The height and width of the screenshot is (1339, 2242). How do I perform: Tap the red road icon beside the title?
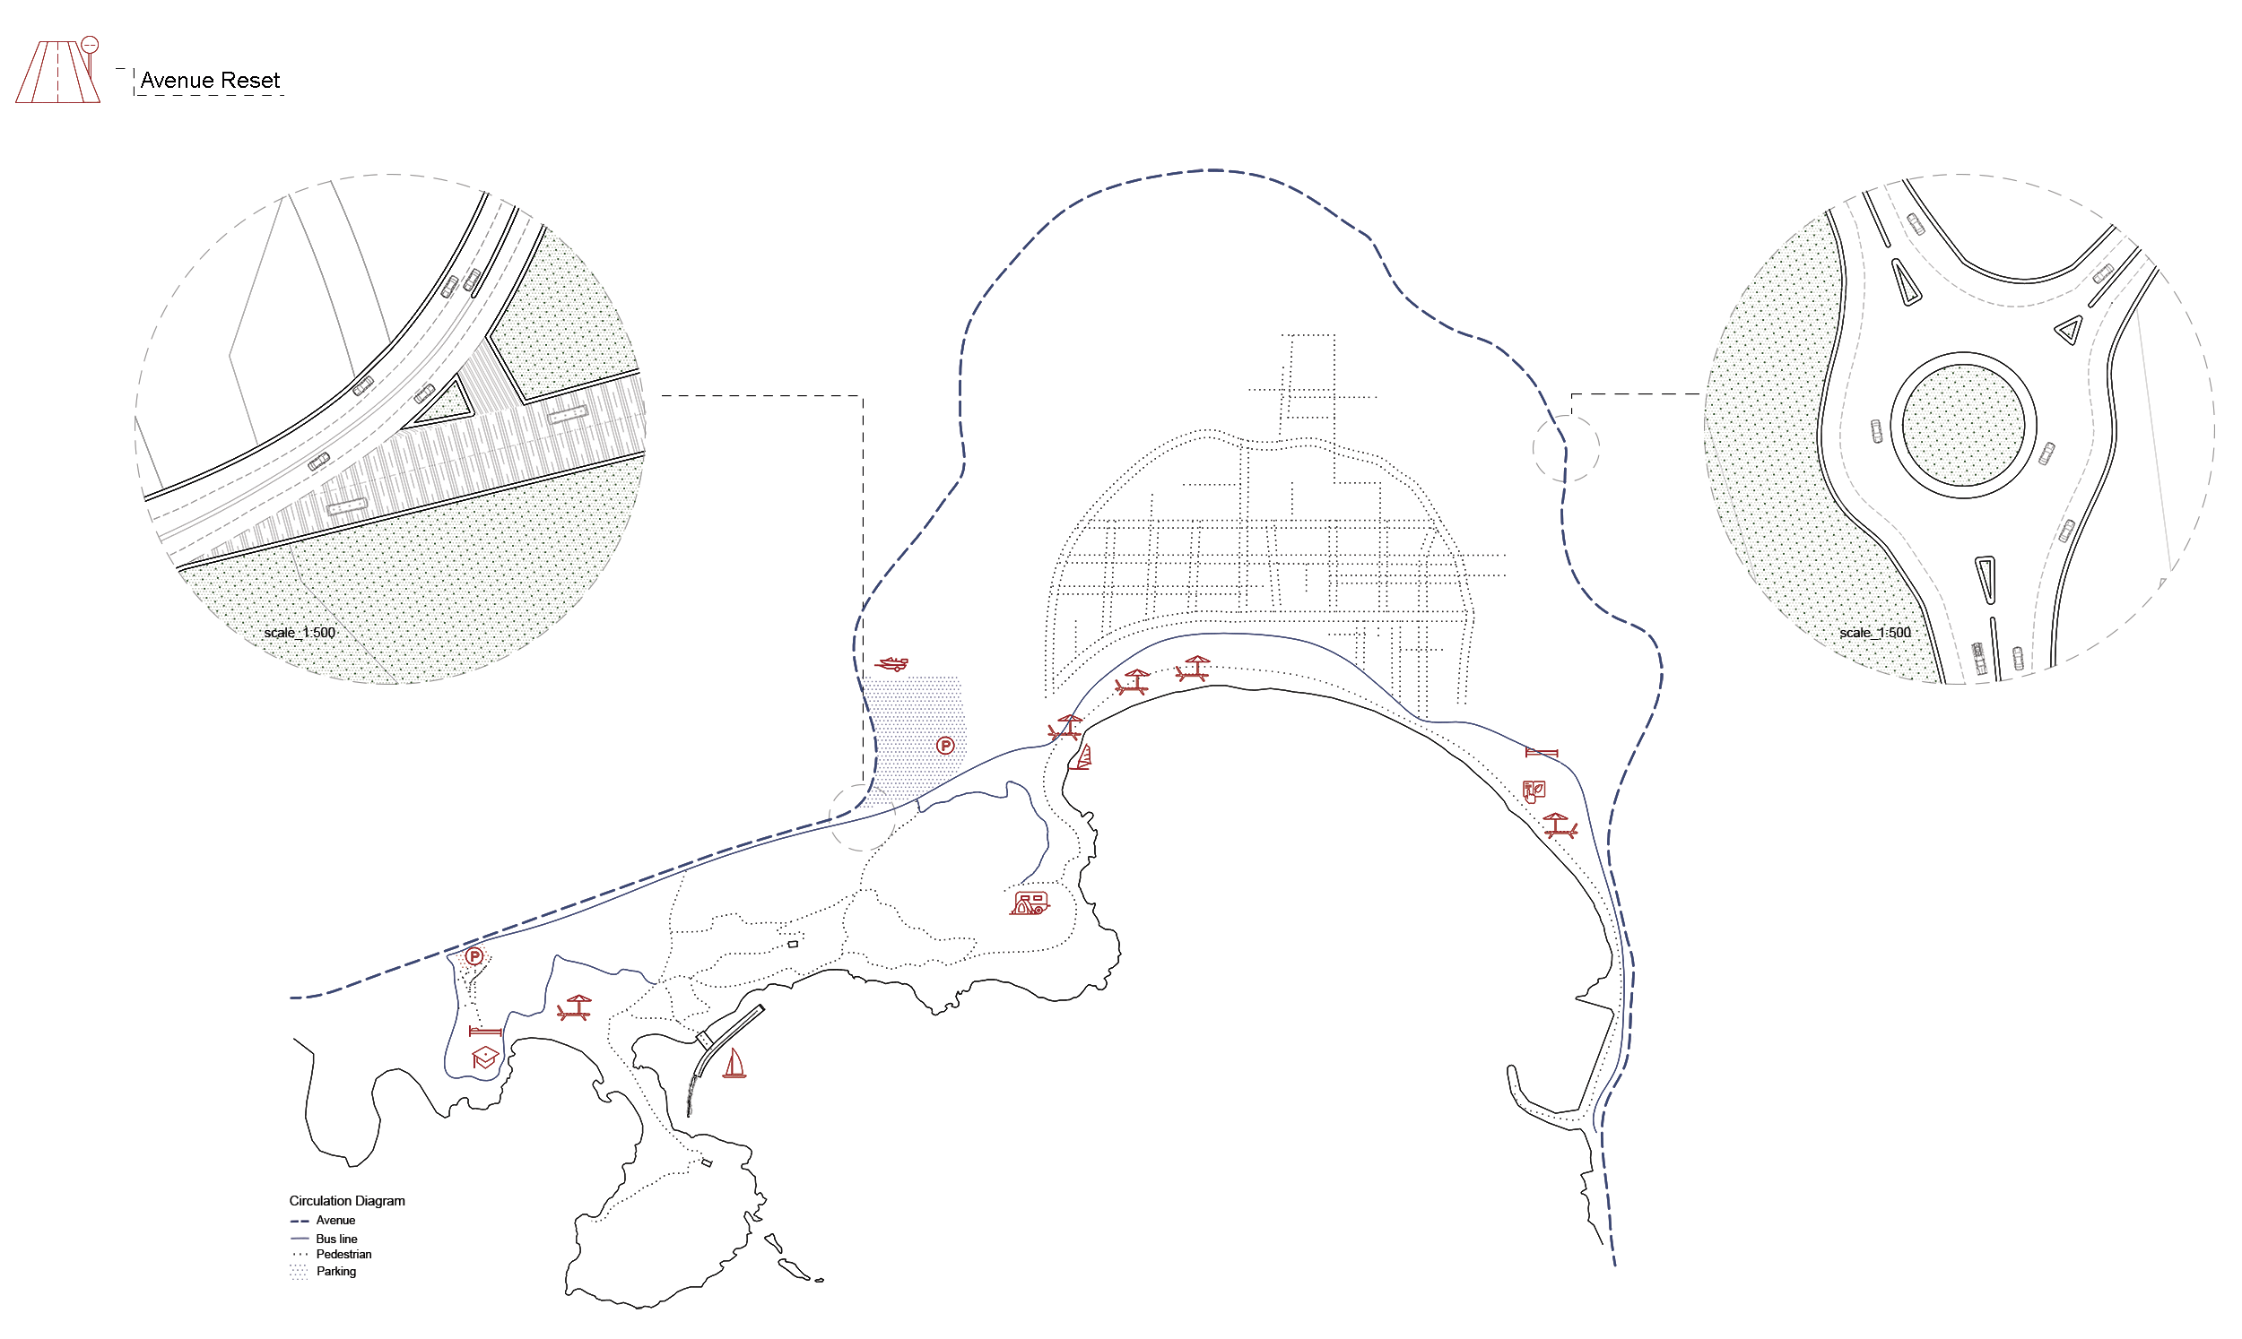57,72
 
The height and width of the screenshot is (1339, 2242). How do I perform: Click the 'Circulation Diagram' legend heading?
346,1201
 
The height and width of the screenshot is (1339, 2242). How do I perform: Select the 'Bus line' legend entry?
335,1239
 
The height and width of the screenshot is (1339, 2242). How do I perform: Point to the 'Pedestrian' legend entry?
343,1254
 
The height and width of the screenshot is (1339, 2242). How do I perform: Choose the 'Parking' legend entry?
335,1271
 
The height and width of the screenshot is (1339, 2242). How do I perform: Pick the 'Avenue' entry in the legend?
335,1221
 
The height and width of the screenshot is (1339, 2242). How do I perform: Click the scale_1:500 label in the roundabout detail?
1874,633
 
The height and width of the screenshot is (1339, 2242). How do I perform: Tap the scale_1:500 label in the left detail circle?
300,633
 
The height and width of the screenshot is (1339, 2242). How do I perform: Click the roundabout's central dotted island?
1963,425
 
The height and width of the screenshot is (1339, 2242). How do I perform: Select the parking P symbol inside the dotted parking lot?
945,746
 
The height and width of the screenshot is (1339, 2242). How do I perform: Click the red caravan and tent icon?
1029,903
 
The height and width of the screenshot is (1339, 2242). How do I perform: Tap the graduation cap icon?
484,1058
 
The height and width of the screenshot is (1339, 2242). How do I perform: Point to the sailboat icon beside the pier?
734,1064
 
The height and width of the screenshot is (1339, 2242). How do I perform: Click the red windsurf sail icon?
1083,757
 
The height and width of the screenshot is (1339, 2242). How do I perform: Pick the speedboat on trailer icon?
892,664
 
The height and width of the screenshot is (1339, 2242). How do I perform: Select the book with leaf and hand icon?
1534,791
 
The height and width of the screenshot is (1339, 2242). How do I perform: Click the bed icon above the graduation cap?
484,1032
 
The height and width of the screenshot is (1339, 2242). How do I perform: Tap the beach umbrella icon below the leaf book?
1559,825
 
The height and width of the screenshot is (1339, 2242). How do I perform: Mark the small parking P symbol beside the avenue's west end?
474,956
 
